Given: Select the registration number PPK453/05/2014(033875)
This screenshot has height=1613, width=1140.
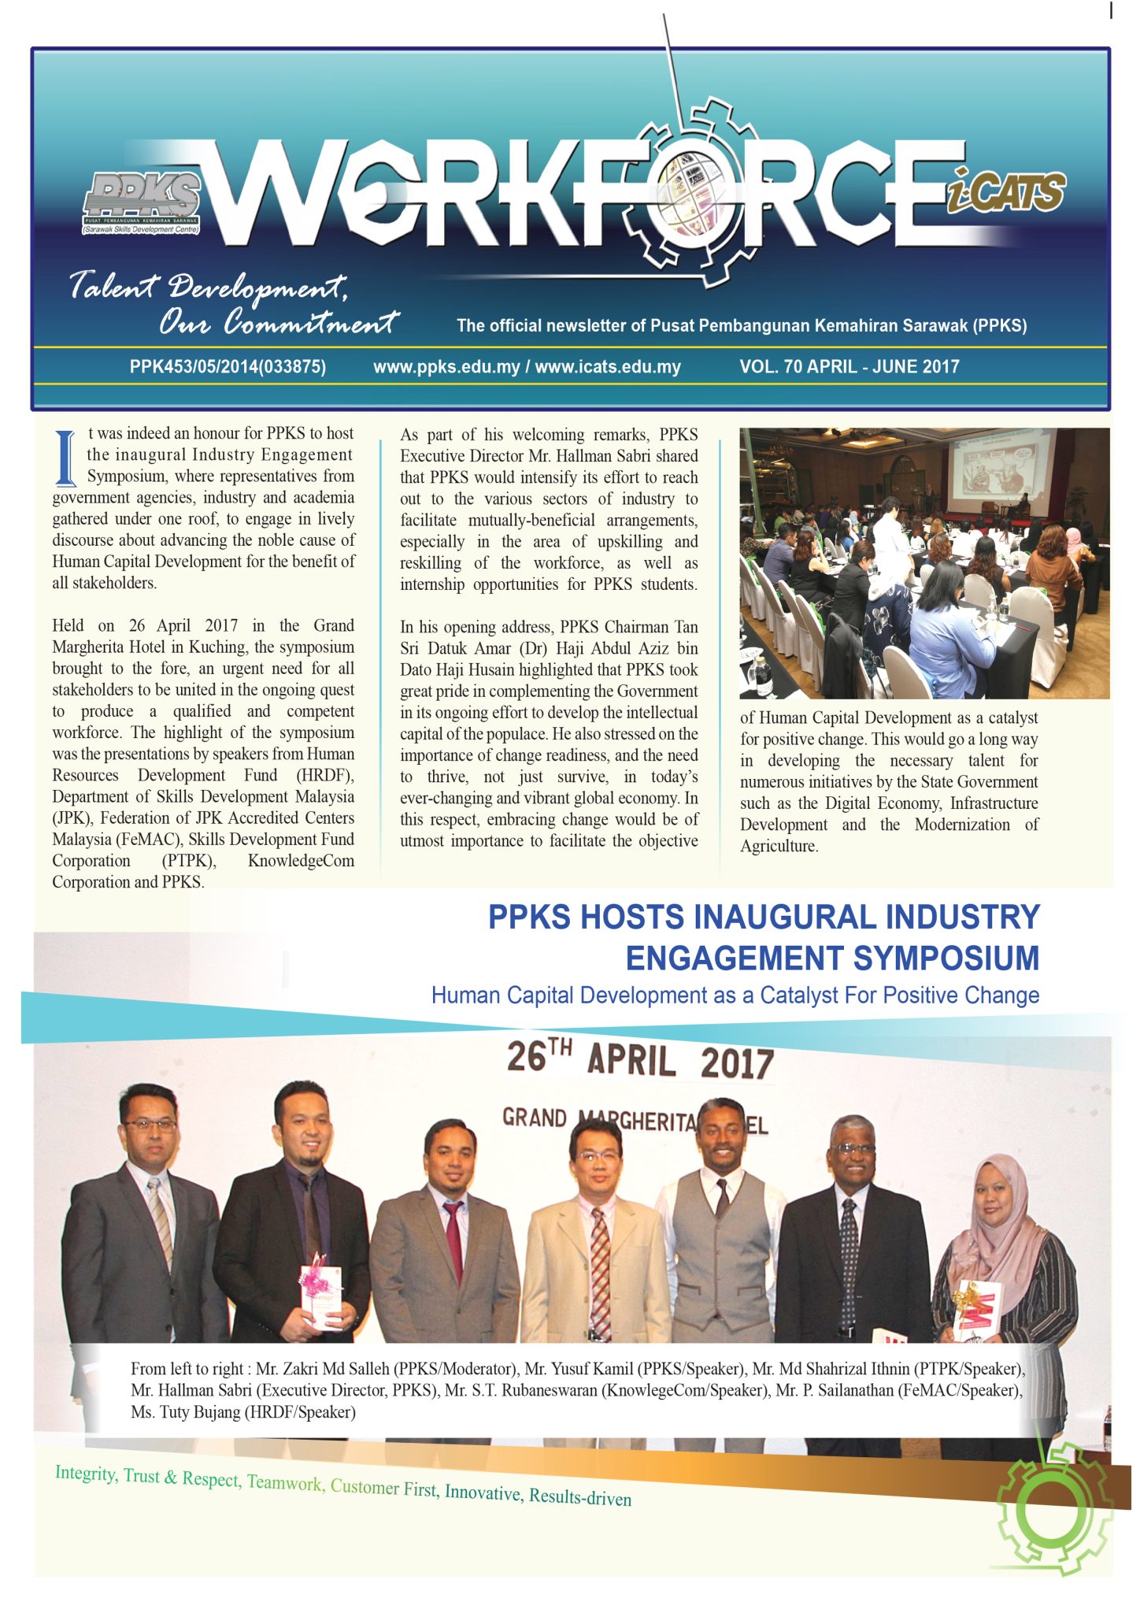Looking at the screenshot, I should point(228,366).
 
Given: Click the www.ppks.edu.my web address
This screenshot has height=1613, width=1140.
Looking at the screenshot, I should point(446,366).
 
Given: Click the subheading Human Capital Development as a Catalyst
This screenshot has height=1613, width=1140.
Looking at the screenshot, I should point(735,996).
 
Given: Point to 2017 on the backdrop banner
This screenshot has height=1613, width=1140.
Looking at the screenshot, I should point(737,1064).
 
